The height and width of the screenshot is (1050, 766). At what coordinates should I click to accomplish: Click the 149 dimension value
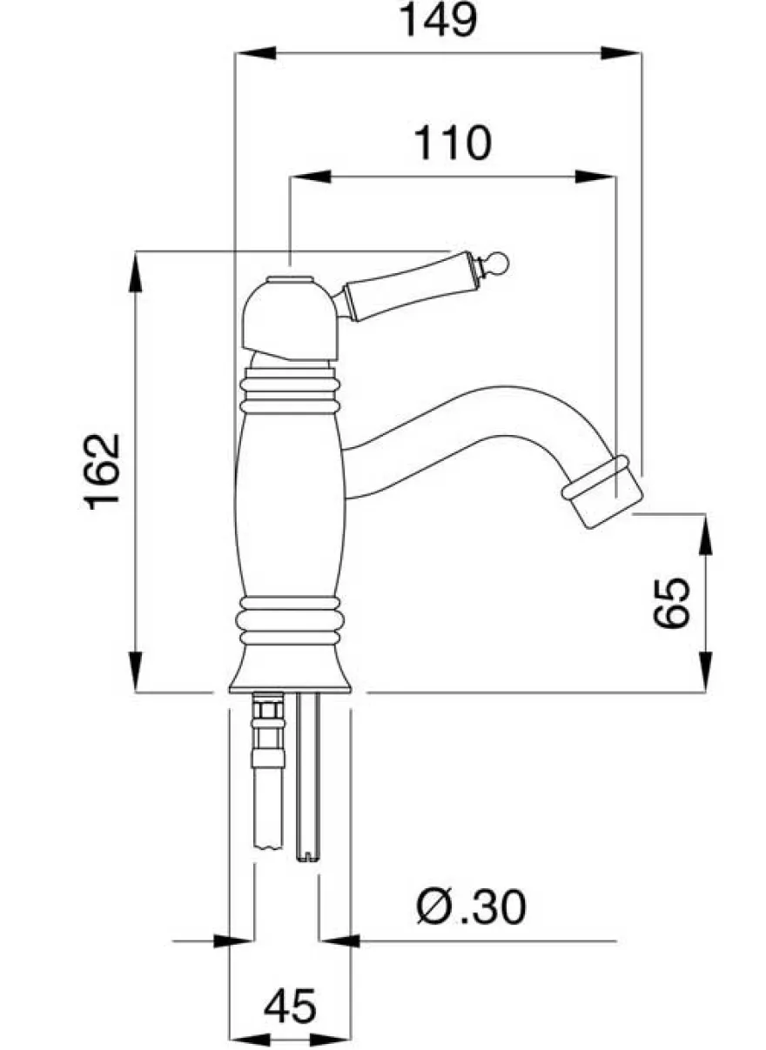(438, 20)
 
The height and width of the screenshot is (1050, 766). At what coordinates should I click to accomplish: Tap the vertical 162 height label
(102, 471)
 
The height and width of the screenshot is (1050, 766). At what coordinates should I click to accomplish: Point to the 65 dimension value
(672, 602)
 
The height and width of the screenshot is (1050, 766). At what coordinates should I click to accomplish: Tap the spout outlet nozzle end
(602, 492)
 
